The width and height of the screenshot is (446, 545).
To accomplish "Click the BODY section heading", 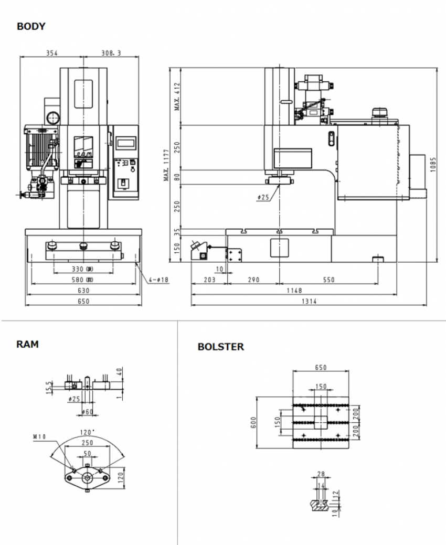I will point(31,26).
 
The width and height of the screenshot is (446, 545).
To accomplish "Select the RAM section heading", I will point(27,344).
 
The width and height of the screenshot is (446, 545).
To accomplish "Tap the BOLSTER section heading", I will point(220,347).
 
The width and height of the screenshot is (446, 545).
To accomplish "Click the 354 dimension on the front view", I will point(51,53).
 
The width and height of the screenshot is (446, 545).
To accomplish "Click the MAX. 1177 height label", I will point(166,165).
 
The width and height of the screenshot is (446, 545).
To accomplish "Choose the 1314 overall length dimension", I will point(309,302).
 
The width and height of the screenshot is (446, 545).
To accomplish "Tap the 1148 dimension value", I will point(309,290).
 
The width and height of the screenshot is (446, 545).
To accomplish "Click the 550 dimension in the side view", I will point(328,280).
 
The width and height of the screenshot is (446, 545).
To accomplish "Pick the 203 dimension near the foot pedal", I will point(209,280).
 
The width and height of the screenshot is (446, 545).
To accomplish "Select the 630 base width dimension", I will point(83,290).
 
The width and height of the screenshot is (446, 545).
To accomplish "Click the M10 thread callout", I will point(40,435).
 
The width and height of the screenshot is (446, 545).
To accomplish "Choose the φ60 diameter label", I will point(87,412).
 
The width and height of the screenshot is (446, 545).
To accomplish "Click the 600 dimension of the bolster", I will point(253,422).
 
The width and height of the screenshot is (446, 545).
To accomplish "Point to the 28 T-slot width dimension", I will point(321,473).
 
